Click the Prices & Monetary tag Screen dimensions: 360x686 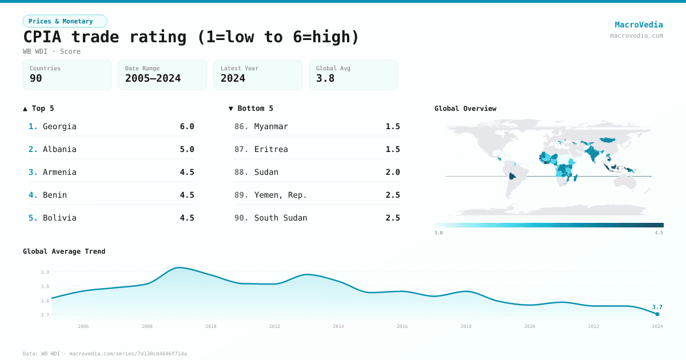[x=65, y=21]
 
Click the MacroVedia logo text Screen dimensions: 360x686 [x=639, y=25]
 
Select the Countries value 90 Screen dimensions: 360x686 [x=36, y=78]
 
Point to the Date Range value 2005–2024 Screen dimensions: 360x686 [x=153, y=78]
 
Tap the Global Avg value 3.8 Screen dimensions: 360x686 [x=325, y=78]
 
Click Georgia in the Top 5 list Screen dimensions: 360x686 [x=59, y=126]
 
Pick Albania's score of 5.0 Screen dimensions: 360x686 [x=187, y=149]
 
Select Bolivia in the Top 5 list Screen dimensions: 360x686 [x=59, y=218]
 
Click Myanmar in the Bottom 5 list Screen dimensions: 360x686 [x=271, y=126]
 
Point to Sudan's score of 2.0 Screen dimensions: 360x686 [x=393, y=172]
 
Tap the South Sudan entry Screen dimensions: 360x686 [x=281, y=218]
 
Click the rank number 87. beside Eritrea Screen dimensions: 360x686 [x=241, y=149]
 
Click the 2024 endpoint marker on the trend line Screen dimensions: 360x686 [x=657, y=314]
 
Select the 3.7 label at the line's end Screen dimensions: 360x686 [x=657, y=307]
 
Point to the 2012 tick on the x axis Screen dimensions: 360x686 [x=275, y=326]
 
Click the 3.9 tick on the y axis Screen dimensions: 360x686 [x=45, y=272]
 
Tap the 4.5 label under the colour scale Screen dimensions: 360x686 [x=659, y=233]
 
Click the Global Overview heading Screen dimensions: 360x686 [x=465, y=109]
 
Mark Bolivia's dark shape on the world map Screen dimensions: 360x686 [x=512, y=177]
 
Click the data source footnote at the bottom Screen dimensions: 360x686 [x=105, y=354]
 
